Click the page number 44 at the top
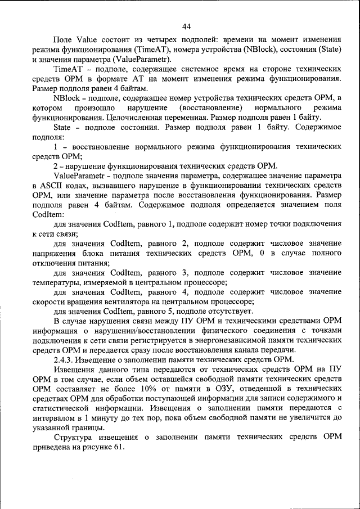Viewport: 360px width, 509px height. click(187, 26)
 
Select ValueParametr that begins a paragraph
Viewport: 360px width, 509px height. click(80, 175)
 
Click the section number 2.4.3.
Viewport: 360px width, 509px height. click(64, 361)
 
